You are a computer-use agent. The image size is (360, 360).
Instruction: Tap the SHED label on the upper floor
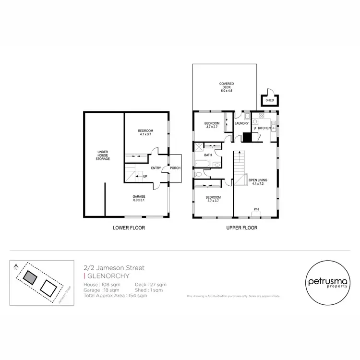click(x=269, y=101)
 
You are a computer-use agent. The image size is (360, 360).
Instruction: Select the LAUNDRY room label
click(x=241, y=123)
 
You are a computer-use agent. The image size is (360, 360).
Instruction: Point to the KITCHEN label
click(x=264, y=128)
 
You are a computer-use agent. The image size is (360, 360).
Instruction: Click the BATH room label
click(x=208, y=155)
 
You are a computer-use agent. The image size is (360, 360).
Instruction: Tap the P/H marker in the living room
click(x=256, y=209)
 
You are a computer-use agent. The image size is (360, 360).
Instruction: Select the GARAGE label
click(x=139, y=196)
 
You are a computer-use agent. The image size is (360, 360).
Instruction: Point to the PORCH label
click(x=175, y=168)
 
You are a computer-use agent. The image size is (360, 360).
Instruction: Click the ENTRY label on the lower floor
click(x=156, y=168)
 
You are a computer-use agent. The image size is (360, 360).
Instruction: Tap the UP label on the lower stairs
click(x=144, y=176)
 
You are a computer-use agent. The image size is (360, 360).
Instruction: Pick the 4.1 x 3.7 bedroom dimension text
click(x=146, y=135)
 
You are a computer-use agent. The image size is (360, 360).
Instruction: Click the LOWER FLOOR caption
click(x=129, y=228)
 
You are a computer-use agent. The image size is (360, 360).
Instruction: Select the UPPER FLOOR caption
click(x=242, y=228)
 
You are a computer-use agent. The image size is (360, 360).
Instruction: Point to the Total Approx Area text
click(x=115, y=296)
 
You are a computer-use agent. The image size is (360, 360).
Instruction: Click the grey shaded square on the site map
click(x=31, y=277)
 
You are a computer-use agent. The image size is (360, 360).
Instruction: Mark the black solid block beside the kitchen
click(x=246, y=137)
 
